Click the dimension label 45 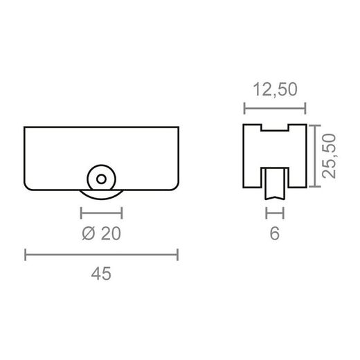coord(101,274)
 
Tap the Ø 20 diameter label coord(101,233)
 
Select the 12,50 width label coord(275,89)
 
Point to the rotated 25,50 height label coord(329,156)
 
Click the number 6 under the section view coord(275,233)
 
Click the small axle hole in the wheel coord(101,179)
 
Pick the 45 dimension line coord(101,255)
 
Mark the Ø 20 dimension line coord(101,213)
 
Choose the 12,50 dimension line coord(275,108)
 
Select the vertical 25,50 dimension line coord(315,156)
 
